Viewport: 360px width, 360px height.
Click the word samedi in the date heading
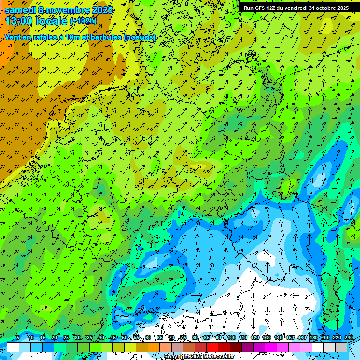pyautogui.click(x=21, y=10)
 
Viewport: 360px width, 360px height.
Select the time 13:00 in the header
pyautogui.click(x=20, y=21)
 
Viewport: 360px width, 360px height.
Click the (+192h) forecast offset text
pyautogui.click(x=83, y=21)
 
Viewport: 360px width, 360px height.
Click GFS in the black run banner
pyautogui.click(x=261, y=8)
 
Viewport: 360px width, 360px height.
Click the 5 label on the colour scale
pyautogui.click(x=18, y=337)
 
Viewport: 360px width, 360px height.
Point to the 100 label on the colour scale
pyautogui.click(x=232, y=337)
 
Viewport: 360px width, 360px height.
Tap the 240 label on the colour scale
pyautogui.click(x=349, y=337)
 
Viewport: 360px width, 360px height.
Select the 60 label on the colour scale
pyautogui.click(x=148, y=337)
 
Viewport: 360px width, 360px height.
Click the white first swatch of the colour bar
pyautogui.click(x=13, y=347)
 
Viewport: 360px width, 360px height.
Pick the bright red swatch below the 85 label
pyautogui.click(x=212, y=347)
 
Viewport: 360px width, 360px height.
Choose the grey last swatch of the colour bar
pyautogui.click(x=341, y=347)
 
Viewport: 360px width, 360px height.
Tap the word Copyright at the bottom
pyautogui.click(x=177, y=356)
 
